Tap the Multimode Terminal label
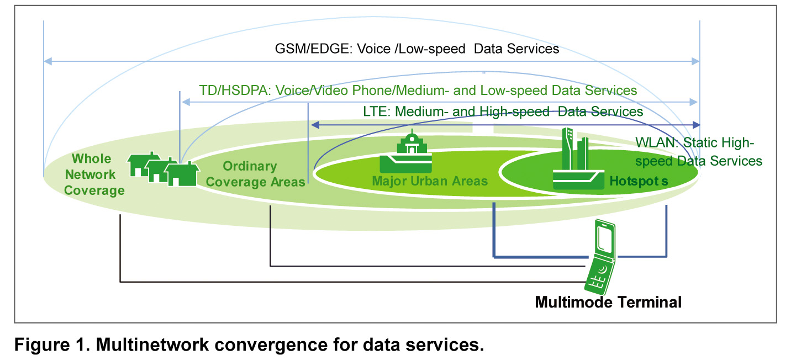point(608,303)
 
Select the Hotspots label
point(639,181)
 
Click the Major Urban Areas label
point(430,181)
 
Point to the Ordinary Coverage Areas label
point(255,174)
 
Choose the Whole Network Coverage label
point(94,174)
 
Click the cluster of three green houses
point(163,169)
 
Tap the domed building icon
point(405,152)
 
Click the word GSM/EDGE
point(313,49)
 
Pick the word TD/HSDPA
point(235,91)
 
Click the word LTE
point(377,112)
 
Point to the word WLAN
point(657,142)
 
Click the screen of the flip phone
point(605,237)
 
